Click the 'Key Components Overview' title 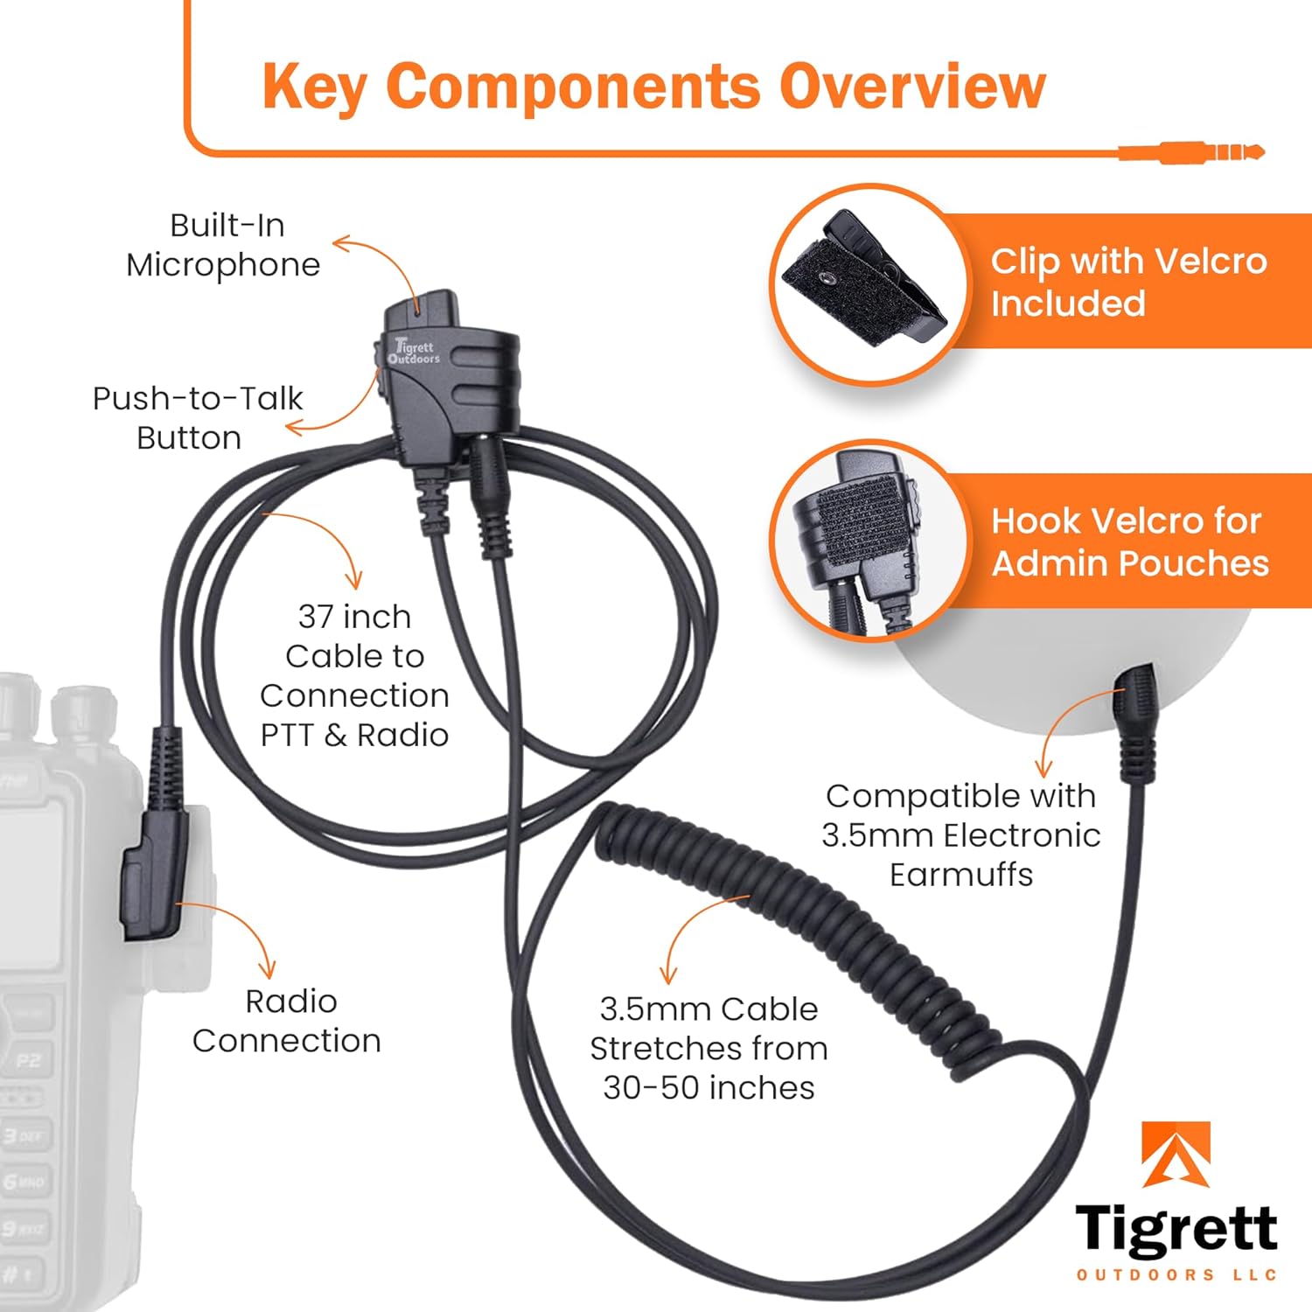(x=653, y=87)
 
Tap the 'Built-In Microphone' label (x=224, y=245)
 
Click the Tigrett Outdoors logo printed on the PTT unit (x=415, y=352)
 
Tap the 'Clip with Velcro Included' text (x=1128, y=282)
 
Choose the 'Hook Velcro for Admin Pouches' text (x=1129, y=541)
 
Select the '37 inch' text (x=354, y=617)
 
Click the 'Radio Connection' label (x=287, y=1021)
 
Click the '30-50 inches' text (x=708, y=1087)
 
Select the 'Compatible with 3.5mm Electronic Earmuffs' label (x=960, y=834)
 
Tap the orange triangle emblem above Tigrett (x=1176, y=1155)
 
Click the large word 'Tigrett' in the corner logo (x=1176, y=1229)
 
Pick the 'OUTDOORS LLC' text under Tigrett (x=1176, y=1275)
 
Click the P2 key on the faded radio (x=28, y=1060)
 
